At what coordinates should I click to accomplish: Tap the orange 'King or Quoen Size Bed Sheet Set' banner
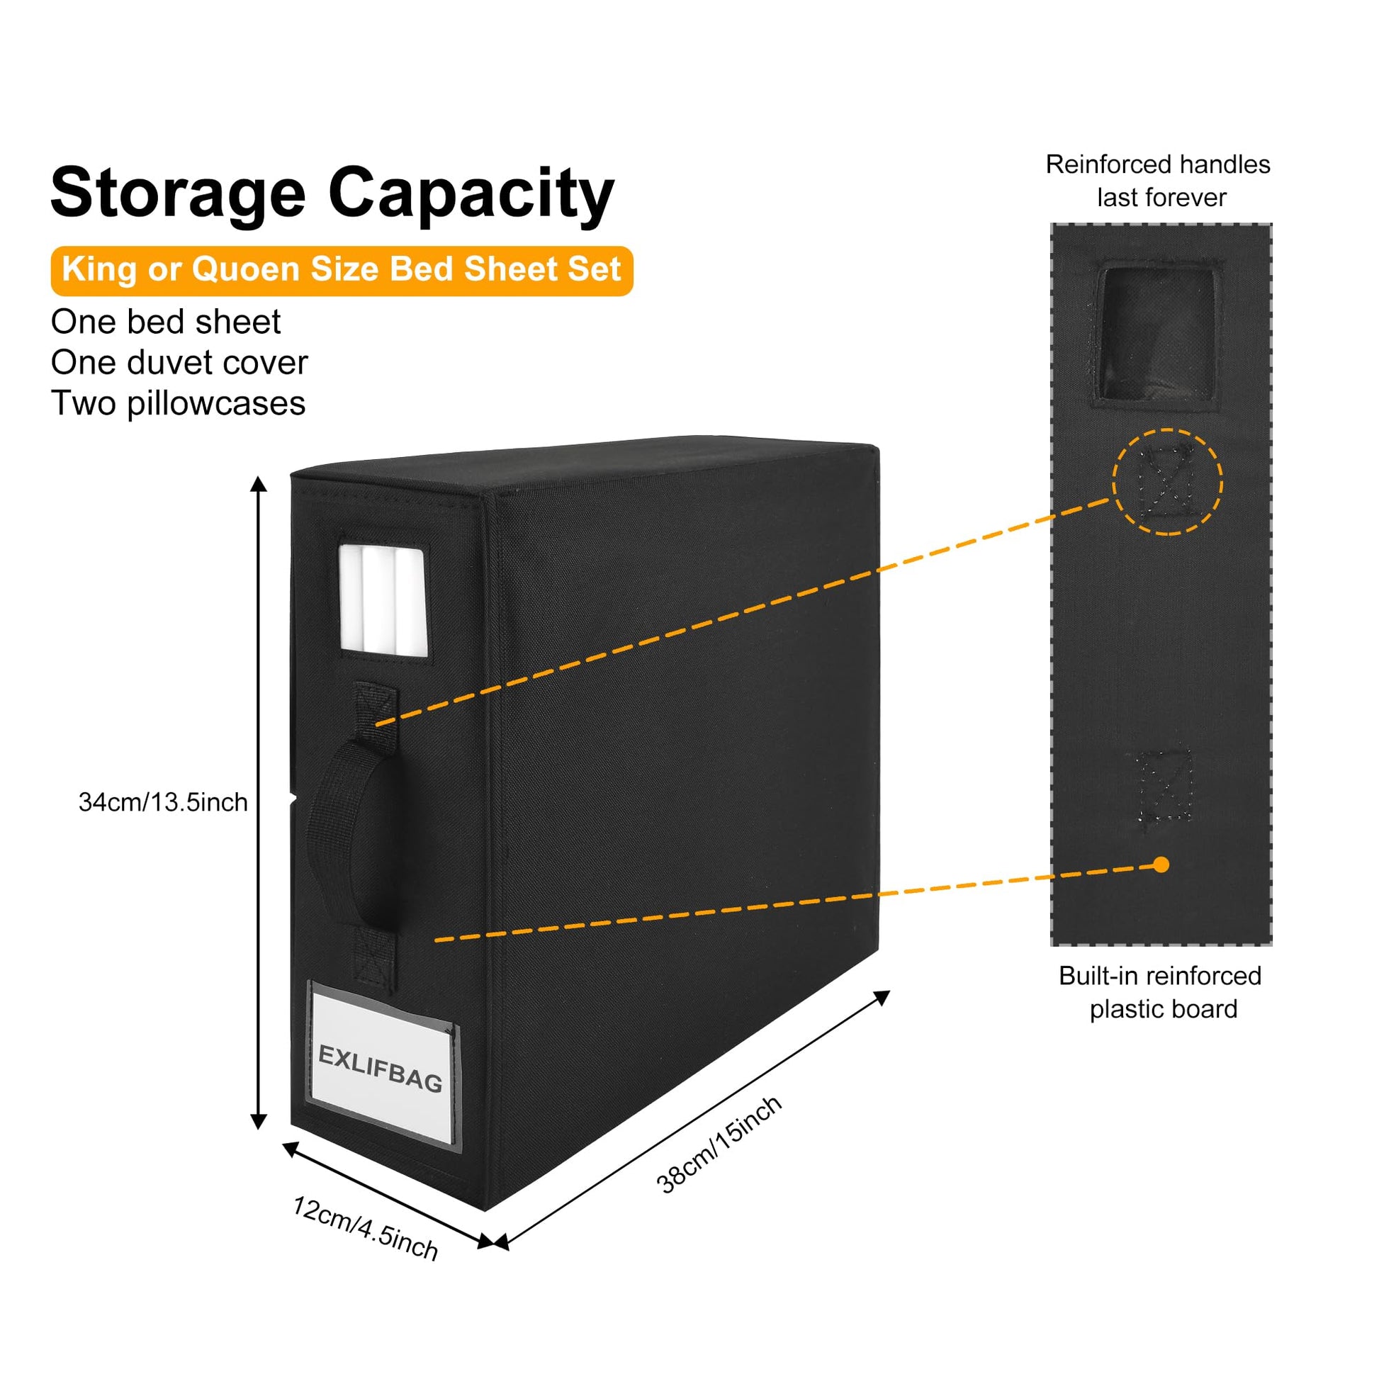point(341,270)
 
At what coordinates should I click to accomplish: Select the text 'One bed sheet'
point(166,322)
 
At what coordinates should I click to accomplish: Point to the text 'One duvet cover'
point(179,363)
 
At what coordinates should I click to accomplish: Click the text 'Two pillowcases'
point(179,403)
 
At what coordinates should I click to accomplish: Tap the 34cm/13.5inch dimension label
point(163,802)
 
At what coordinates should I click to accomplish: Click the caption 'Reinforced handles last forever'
point(1158,181)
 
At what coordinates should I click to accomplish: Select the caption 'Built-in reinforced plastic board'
point(1161,992)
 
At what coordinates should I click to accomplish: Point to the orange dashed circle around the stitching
point(1167,482)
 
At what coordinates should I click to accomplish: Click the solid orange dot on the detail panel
point(1161,865)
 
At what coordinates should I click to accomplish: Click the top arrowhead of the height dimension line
point(259,485)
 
